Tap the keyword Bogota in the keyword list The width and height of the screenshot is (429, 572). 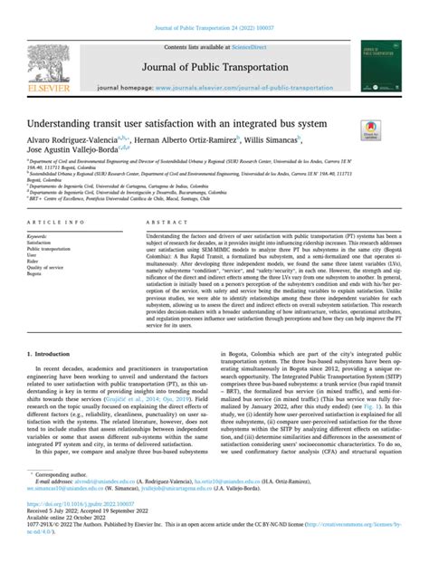coord(36,273)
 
